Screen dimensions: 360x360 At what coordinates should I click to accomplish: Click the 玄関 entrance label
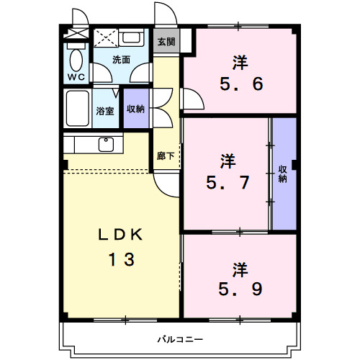(x=166, y=42)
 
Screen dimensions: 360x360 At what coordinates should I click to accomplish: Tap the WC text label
(x=76, y=77)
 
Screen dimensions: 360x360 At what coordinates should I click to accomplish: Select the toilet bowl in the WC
(x=76, y=60)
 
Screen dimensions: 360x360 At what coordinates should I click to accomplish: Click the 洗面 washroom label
(x=121, y=60)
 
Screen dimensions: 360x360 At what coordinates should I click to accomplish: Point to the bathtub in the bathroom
(x=77, y=108)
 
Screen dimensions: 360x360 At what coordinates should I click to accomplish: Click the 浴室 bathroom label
(x=105, y=111)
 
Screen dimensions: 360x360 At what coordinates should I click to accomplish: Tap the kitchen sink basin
(x=106, y=145)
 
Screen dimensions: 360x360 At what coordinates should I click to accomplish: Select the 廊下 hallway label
(x=166, y=156)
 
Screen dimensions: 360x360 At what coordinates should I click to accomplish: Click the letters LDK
(x=120, y=235)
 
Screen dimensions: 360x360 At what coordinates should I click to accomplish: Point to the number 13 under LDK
(x=122, y=259)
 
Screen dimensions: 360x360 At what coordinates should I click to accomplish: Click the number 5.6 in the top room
(x=241, y=84)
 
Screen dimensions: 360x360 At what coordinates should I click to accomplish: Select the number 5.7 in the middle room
(x=228, y=182)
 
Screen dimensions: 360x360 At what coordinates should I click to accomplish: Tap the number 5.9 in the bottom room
(x=240, y=289)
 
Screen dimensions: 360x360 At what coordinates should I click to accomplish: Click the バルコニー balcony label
(x=180, y=339)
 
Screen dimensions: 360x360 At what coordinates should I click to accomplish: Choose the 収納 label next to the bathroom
(x=135, y=109)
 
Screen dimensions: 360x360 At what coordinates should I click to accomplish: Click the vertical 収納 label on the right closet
(x=283, y=174)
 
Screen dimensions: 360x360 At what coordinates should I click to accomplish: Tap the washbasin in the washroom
(x=131, y=37)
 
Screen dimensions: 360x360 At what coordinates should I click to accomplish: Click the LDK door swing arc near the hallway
(x=166, y=185)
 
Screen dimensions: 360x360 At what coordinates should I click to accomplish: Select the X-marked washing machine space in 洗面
(x=106, y=38)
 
